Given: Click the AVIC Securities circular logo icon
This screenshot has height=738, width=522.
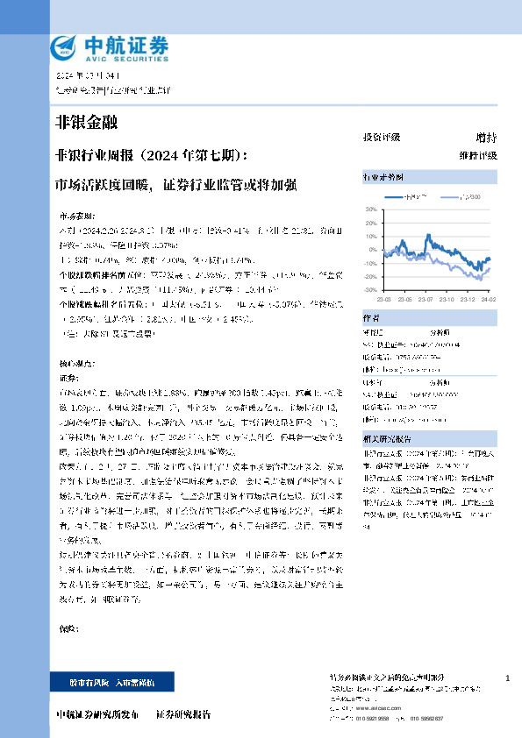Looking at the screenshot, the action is pos(63,45).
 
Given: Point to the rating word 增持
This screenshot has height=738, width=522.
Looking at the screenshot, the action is pos(485,138).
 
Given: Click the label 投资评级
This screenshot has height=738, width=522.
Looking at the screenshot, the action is pos(382,138).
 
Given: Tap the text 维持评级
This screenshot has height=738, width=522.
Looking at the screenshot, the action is pos(477,155).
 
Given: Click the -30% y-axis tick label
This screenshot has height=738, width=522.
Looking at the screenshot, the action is pos(369,289).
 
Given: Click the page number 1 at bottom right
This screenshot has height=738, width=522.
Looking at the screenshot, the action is pos(507,679).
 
